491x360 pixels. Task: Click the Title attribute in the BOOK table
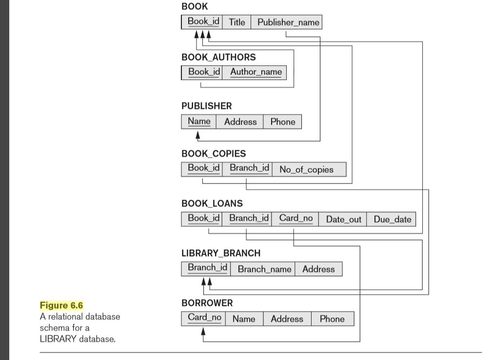(x=237, y=22)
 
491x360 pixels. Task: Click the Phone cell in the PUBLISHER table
(x=282, y=122)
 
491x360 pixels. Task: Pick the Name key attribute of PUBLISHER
(x=199, y=122)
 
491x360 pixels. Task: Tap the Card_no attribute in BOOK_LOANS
(x=295, y=219)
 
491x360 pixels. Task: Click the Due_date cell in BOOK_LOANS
(x=392, y=219)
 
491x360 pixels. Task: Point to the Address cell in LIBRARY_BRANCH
(x=319, y=269)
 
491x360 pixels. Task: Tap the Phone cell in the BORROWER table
(x=333, y=319)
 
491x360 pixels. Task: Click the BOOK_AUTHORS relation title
(x=218, y=57)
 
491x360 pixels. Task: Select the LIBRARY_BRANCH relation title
(x=221, y=253)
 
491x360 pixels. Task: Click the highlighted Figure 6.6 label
(x=61, y=305)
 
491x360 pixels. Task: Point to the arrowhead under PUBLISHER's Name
(x=197, y=135)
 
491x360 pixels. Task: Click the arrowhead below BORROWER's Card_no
(x=203, y=332)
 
